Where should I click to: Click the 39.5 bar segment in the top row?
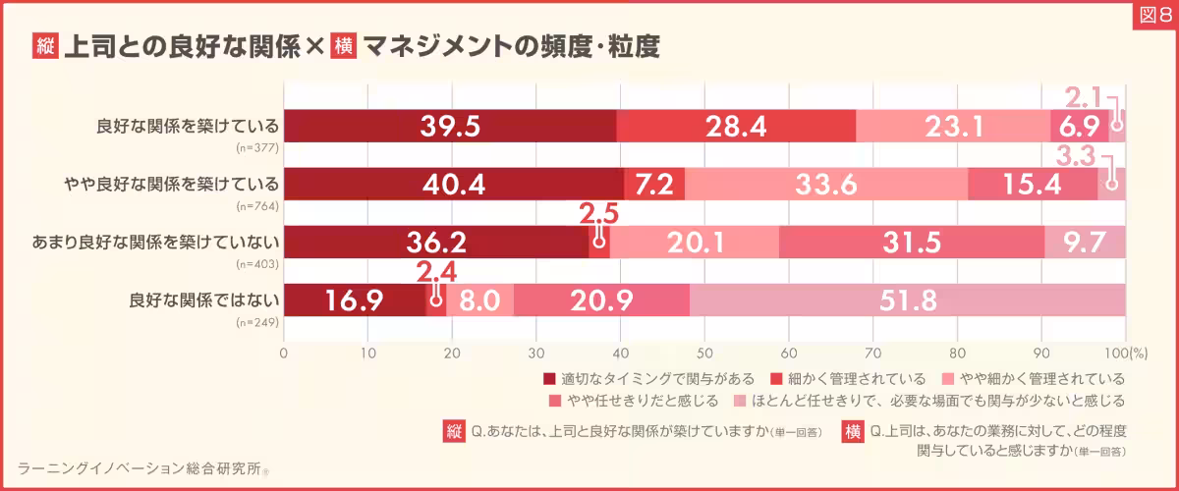(450, 127)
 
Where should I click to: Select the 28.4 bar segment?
(736, 127)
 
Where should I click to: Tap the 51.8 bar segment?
(907, 300)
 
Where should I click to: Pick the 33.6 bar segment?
(825, 185)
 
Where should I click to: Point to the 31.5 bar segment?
(911, 243)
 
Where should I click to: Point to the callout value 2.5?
(598, 213)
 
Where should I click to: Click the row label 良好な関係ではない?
(204, 300)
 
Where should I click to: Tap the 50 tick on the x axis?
(704, 351)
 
